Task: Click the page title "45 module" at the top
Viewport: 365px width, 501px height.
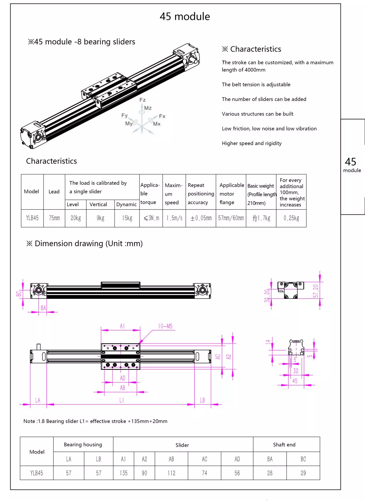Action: tap(185, 17)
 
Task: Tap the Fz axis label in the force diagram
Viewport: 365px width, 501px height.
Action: tap(142, 100)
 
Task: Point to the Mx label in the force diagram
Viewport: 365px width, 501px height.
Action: tap(157, 124)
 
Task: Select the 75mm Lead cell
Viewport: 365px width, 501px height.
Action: tap(54, 218)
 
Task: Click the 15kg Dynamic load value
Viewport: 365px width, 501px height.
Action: tap(127, 218)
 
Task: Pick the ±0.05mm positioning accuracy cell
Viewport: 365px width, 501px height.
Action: tap(201, 218)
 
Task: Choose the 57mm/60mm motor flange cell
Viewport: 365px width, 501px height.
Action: tap(231, 218)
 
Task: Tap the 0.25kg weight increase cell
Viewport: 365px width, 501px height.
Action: tap(291, 218)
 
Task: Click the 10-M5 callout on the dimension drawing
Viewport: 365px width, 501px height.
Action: tap(165, 326)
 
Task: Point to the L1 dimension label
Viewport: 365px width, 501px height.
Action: tap(122, 400)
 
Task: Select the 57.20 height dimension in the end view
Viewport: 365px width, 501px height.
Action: tap(316, 291)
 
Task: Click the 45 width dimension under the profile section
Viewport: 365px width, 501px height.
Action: tap(295, 381)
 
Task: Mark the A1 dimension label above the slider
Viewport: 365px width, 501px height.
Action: tap(122, 326)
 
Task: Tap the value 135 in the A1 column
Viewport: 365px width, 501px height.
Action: tap(124, 473)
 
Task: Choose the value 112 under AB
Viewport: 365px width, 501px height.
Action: tap(171, 473)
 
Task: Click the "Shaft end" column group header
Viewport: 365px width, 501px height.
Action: tap(284, 445)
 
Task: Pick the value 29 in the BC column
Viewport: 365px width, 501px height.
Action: tap(303, 473)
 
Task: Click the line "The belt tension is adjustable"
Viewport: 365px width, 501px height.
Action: tap(256, 85)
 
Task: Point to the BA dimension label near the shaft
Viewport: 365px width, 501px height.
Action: tap(43, 308)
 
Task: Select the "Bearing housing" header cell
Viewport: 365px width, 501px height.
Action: tap(83, 445)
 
